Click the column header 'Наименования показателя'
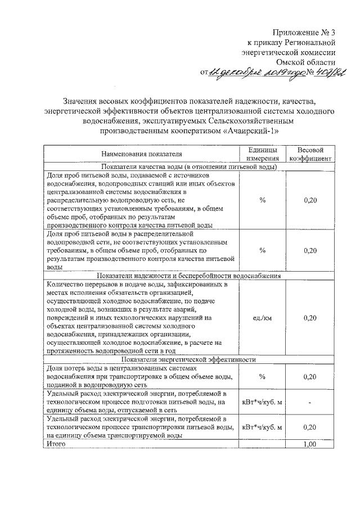pyautogui.click(x=142, y=154)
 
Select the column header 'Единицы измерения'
pyautogui.click(x=262, y=154)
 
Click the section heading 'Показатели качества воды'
pyautogui.click(x=190, y=167)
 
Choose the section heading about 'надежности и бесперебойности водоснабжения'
pyautogui.click(x=190, y=276)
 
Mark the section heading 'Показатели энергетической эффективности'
pyautogui.click(x=190, y=359)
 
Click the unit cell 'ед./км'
pyautogui.click(x=262, y=318)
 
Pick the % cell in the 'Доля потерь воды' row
pyautogui.click(x=262, y=376)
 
